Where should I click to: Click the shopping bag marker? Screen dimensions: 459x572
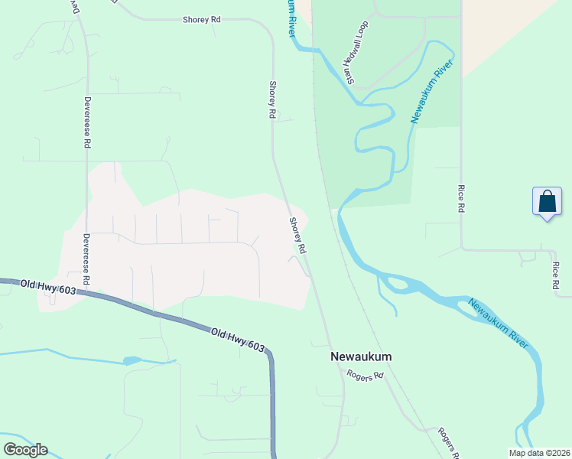click(x=547, y=203)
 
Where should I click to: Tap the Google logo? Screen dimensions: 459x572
click(x=25, y=449)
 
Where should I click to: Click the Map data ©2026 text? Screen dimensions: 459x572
click(x=539, y=452)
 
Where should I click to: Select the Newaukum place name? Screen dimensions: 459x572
click(x=361, y=356)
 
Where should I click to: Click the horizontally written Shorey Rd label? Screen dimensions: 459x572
click(x=202, y=20)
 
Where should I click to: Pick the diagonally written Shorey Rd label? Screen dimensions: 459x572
click(x=297, y=236)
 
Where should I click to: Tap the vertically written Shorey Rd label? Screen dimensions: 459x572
click(x=271, y=99)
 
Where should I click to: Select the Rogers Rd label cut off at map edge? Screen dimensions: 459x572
click(x=449, y=443)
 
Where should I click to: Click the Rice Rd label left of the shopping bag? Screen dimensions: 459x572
click(x=460, y=198)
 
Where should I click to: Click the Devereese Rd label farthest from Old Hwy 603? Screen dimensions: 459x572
click(x=87, y=124)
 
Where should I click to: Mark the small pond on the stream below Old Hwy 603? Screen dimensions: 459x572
click(x=132, y=360)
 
